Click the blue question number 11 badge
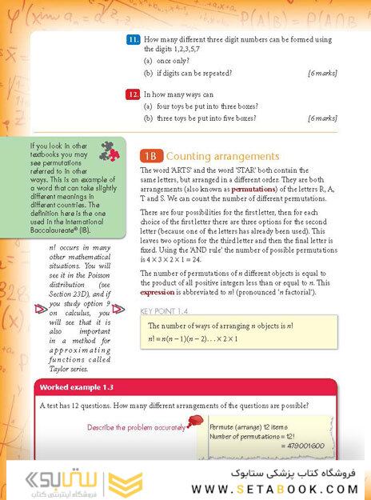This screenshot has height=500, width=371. tap(134, 39)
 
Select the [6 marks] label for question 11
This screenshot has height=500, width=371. tap(322, 73)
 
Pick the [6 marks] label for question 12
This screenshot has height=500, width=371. tap(322, 118)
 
